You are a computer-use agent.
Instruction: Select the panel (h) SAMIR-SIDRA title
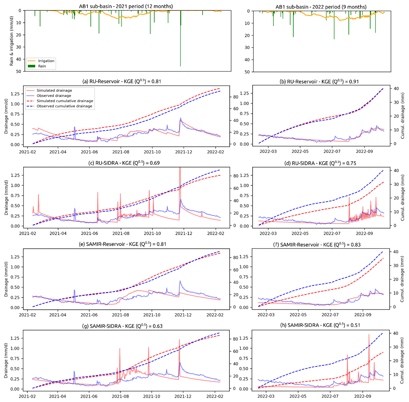[x=320, y=325]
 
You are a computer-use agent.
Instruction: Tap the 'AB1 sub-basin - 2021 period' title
[x=126, y=6]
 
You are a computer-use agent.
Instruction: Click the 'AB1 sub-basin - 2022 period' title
[x=321, y=7]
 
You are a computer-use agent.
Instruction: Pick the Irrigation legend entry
[x=46, y=61]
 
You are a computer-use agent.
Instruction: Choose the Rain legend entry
[x=42, y=66]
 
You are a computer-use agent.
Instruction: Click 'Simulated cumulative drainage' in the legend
[x=65, y=101]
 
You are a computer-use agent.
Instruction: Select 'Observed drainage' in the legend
[x=54, y=96]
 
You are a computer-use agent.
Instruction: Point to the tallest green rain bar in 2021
[x=180, y=38]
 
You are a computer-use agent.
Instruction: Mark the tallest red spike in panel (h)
[x=369, y=336]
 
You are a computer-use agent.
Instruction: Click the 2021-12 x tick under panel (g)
[x=183, y=396]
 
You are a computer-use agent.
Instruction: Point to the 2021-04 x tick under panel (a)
[x=58, y=152]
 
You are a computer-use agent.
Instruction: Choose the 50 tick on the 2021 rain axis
[x=19, y=71]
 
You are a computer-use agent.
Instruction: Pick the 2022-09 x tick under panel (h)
[x=363, y=396]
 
